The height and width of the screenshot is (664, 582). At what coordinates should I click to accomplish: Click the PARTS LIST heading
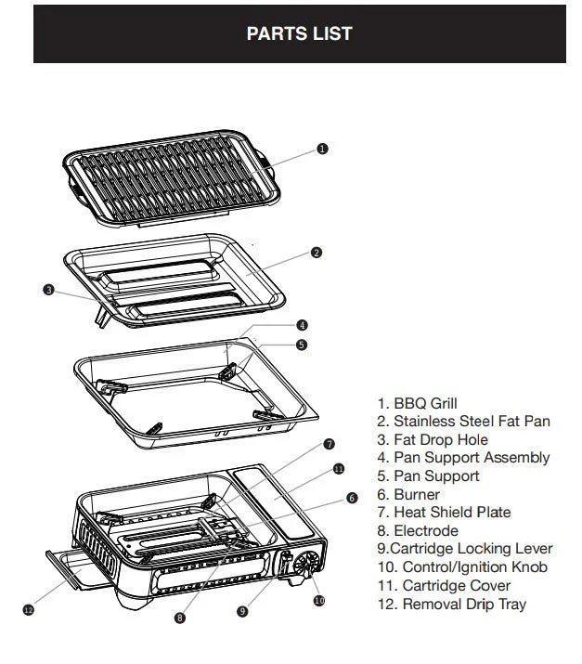click(x=299, y=33)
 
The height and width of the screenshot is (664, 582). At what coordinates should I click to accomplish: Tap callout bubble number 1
click(x=322, y=149)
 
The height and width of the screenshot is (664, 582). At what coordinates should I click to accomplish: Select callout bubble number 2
click(x=317, y=253)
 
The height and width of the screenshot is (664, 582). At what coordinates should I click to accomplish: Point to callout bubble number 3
click(x=48, y=290)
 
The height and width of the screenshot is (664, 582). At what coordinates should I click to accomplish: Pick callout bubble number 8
click(x=179, y=617)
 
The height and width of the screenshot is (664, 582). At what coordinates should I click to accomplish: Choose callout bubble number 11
click(x=338, y=469)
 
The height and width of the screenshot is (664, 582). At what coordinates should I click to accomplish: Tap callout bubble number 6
click(x=352, y=498)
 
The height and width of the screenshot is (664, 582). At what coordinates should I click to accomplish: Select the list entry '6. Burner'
click(x=407, y=494)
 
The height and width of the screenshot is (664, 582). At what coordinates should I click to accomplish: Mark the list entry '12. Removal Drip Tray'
click(x=451, y=604)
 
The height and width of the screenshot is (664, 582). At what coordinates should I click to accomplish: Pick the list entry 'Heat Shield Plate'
click(x=443, y=512)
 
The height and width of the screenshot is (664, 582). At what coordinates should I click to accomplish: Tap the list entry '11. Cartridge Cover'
click(x=444, y=585)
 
